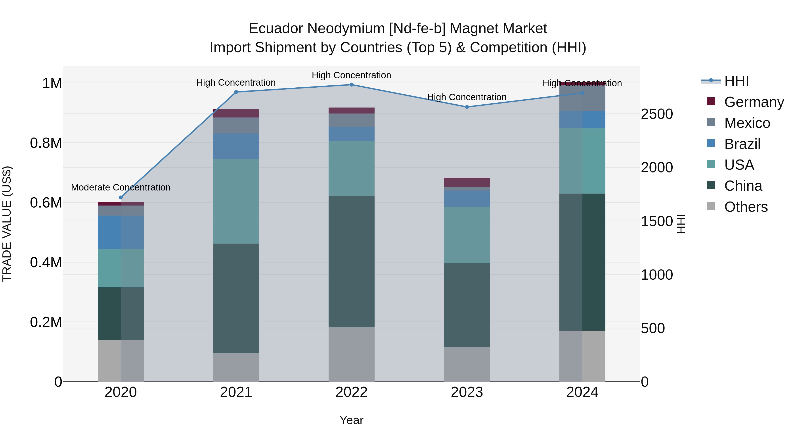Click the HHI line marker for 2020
pyautogui.click(x=121, y=198)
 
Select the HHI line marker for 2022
pyautogui.click(x=351, y=85)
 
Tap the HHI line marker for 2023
pyautogui.click(x=467, y=107)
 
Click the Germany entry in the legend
pyautogui.click(x=754, y=102)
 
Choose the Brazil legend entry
pyautogui.click(x=742, y=144)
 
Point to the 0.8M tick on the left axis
pyautogui.click(x=46, y=143)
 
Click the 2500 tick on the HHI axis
pyautogui.click(x=657, y=114)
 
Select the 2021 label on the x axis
pyautogui.click(x=236, y=392)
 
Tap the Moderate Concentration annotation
pyautogui.click(x=121, y=187)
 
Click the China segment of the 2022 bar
pyautogui.click(x=351, y=261)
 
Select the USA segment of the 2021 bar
pyautogui.click(x=236, y=201)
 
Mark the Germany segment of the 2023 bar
pyautogui.click(x=467, y=182)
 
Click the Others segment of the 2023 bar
pyautogui.click(x=467, y=364)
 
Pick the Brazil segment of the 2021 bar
pyautogui.click(x=236, y=146)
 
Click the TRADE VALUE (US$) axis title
pyautogui.click(x=7, y=224)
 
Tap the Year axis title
pyautogui.click(x=351, y=420)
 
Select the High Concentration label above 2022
pyautogui.click(x=351, y=75)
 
